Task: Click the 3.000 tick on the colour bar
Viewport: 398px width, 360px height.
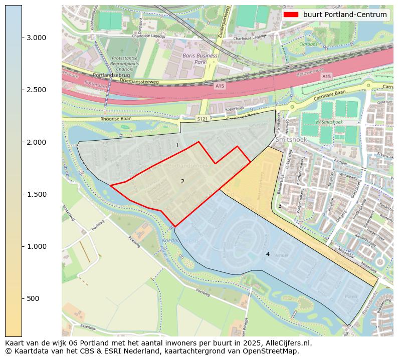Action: click(36, 38)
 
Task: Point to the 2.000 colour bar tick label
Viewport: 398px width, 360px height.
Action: click(36, 142)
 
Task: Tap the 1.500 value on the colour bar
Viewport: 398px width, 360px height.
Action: click(36, 194)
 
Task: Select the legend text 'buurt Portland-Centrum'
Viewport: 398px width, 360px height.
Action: click(345, 15)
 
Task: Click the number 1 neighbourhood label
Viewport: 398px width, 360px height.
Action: click(177, 145)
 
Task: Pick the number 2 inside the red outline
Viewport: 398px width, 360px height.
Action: click(182, 181)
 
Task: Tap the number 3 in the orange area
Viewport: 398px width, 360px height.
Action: click(280, 206)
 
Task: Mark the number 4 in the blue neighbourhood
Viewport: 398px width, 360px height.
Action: click(268, 254)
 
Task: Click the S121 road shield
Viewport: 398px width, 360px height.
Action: click(202, 119)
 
